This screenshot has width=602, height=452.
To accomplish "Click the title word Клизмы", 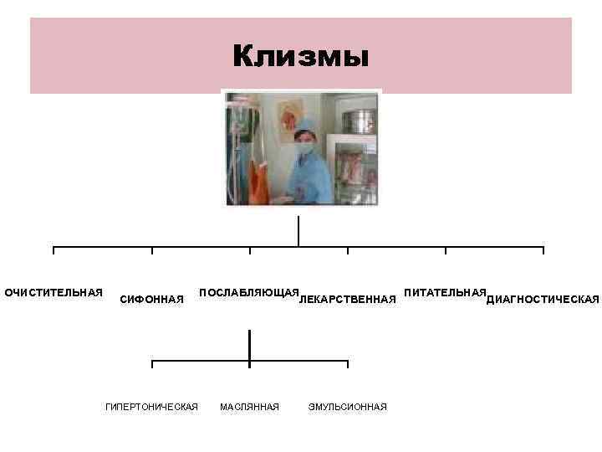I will click(300, 57).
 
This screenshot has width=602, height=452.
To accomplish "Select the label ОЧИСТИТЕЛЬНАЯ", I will click(54, 293).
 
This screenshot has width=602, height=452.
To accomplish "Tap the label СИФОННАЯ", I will click(152, 300).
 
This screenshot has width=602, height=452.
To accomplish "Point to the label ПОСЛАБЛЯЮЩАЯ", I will click(249, 293).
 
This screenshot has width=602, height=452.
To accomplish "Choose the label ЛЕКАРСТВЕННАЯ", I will click(347, 300).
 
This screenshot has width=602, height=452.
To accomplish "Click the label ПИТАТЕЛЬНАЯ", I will click(445, 293).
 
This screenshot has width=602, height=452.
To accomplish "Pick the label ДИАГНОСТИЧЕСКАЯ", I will click(543, 300).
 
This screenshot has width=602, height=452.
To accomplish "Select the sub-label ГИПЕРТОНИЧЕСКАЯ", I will click(151, 407).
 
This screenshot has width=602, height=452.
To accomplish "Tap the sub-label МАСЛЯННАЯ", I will click(249, 407).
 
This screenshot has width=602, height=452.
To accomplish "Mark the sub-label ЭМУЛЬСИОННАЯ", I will click(347, 407).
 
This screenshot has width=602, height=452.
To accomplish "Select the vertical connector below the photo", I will click(298, 231).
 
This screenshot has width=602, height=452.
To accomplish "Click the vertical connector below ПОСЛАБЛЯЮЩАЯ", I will click(249, 346).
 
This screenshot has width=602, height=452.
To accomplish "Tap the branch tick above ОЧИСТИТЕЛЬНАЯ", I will click(54, 250).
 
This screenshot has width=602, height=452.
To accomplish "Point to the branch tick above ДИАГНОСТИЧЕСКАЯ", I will click(543, 250).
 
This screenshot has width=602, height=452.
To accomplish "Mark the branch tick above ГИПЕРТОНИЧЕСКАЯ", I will click(152, 364).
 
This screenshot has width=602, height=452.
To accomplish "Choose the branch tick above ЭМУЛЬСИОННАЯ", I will click(347, 364).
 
